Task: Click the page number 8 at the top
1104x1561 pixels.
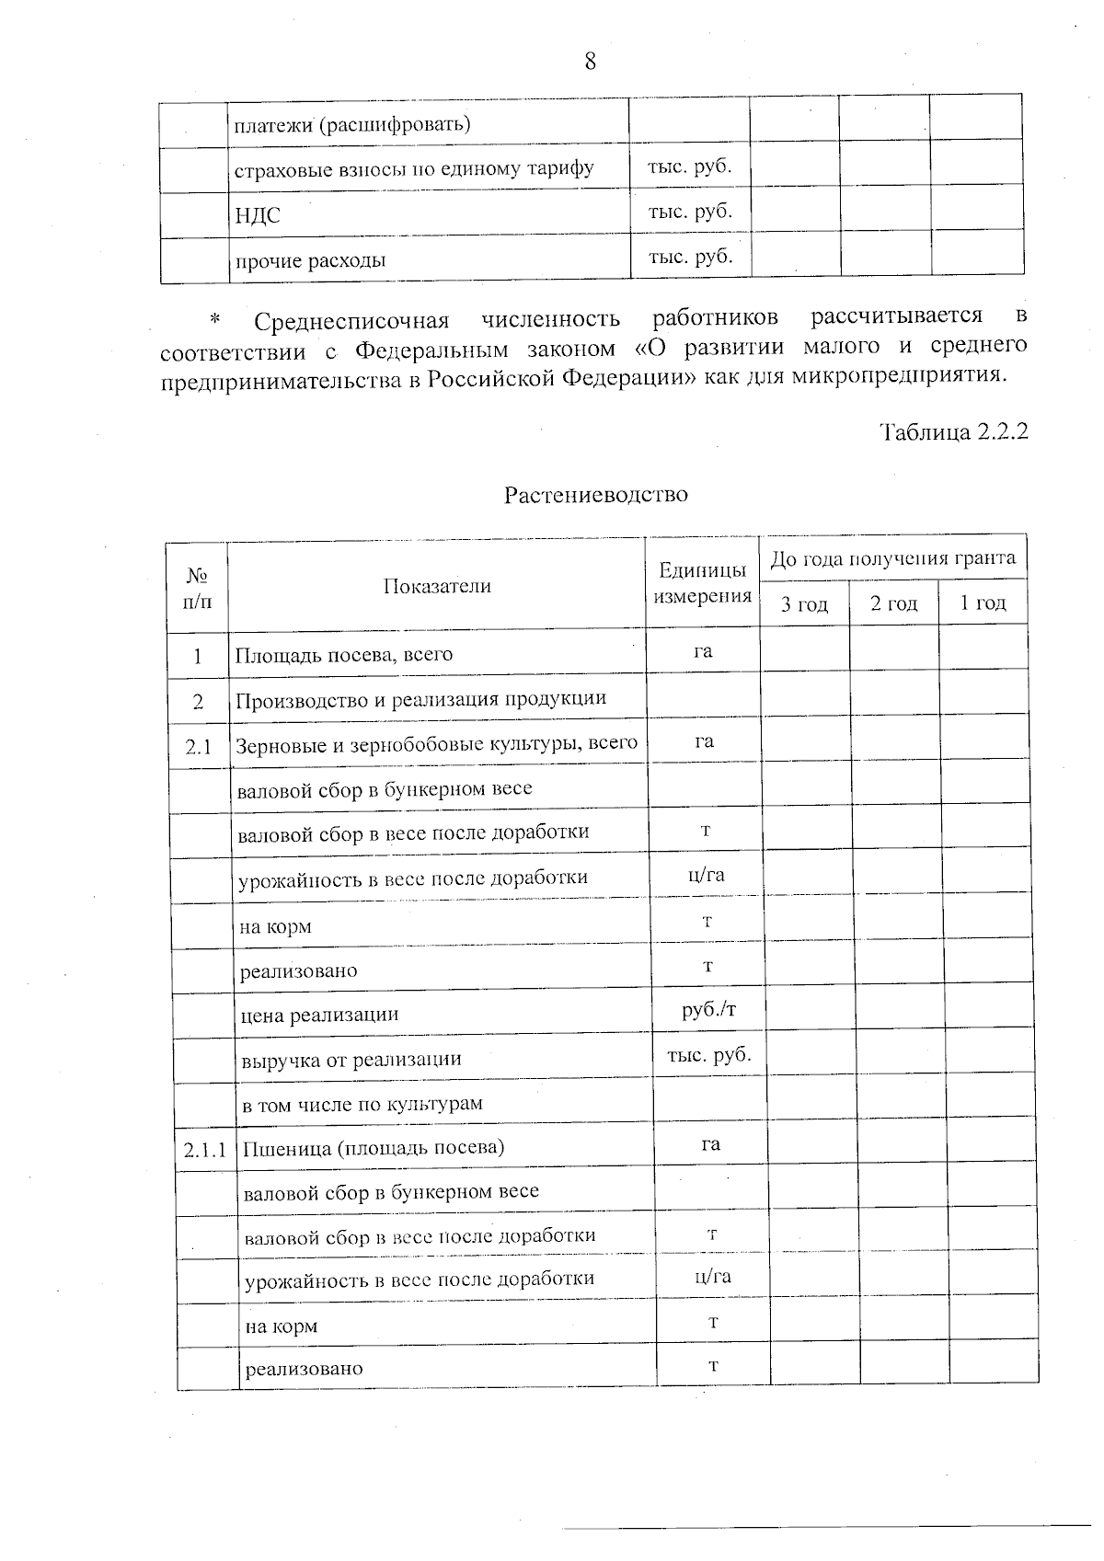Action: click(x=590, y=62)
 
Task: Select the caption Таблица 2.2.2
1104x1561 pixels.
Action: click(x=953, y=431)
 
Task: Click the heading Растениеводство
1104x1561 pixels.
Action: click(x=595, y=495)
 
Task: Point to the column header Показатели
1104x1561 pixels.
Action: click(x=437, y=587)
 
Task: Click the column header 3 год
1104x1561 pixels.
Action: click(x=804, y=604)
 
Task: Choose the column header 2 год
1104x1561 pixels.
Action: click(x=893, y=603)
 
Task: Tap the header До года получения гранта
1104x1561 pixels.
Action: click(x=892, y=558)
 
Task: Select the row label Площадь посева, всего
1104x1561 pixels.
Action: click(x=344, y=655)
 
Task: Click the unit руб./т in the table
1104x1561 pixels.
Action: click(x=708, y=1010)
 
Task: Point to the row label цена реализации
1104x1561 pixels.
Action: click(x=319, y=1016)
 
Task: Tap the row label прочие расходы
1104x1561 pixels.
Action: click(x=310, y=260)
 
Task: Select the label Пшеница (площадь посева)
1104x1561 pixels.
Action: click(x=374, y=1148)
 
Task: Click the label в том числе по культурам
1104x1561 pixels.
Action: click(x=362, y=1104)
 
